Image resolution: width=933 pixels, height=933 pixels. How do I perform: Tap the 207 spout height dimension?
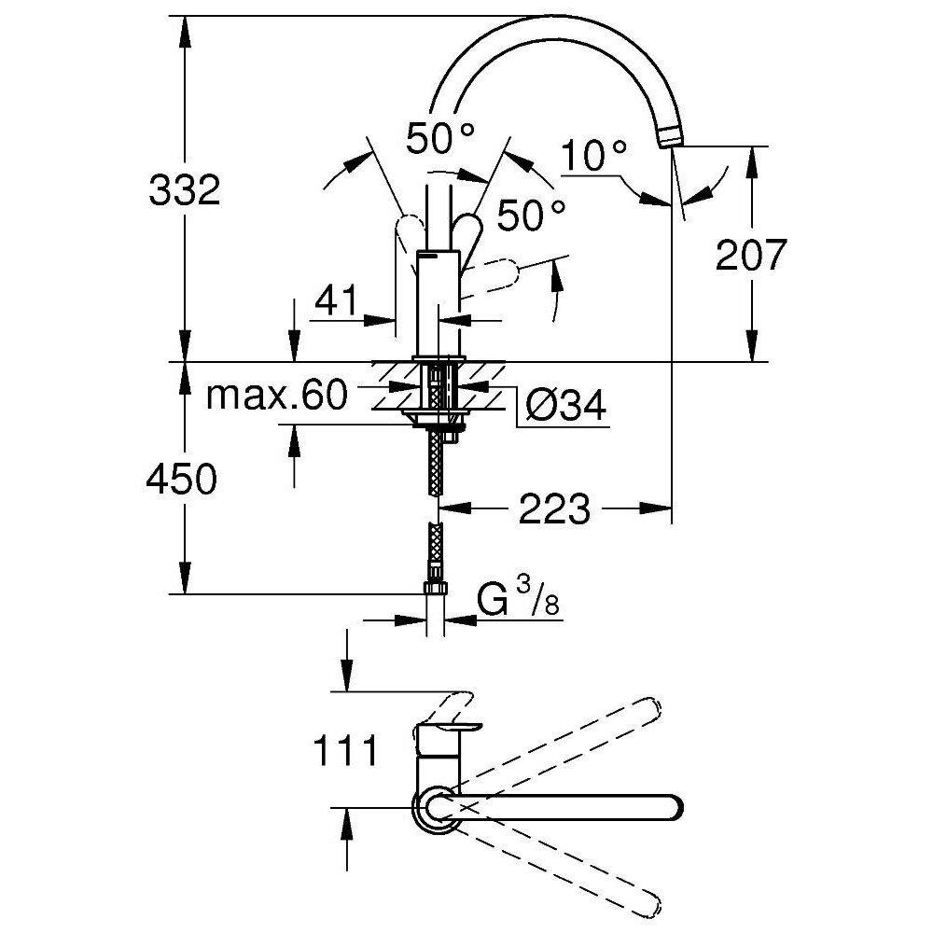751,256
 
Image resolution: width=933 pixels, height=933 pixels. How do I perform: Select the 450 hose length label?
184,480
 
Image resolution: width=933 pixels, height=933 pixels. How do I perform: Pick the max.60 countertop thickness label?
276,397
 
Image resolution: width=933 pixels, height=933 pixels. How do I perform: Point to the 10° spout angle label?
593,155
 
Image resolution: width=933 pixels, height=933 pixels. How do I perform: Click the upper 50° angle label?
440,139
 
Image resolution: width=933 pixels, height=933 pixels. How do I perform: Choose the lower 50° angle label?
530,216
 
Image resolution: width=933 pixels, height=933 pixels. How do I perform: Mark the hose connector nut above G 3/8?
434,588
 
